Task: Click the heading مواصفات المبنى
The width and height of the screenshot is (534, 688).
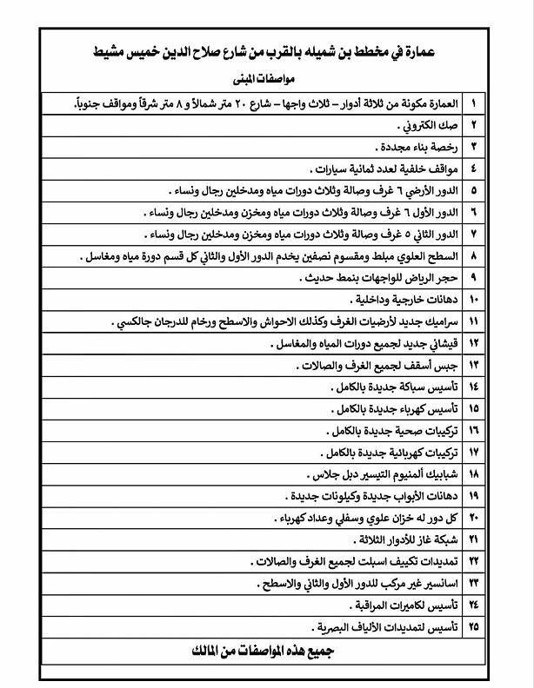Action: [x=266, y=77]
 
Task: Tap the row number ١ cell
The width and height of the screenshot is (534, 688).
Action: [x=473, y=103]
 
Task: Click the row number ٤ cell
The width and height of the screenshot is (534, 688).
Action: [x=473, y=169]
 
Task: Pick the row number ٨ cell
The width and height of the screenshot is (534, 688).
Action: [x=473, y=256]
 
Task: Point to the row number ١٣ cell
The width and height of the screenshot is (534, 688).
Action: [x=473, y=366]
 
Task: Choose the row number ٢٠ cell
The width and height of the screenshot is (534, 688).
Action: [x=473, y=519]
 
